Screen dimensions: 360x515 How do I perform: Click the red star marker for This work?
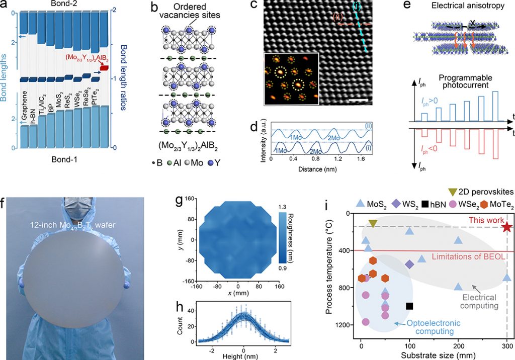(x=506, y=227)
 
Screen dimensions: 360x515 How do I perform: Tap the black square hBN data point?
(x=409, y=306)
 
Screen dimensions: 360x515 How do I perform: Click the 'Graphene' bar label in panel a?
(x=25, y=107)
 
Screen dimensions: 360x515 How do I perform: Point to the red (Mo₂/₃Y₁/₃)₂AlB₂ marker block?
(x=104, y=67)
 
